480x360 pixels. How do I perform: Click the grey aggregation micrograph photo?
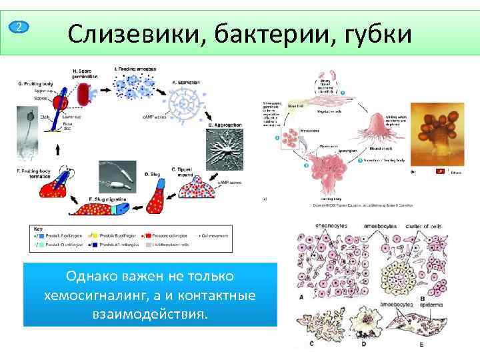coord(225,147)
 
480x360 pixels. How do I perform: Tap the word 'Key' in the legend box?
coord(39,229)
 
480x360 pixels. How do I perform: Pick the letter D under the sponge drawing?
coord(363,345)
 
